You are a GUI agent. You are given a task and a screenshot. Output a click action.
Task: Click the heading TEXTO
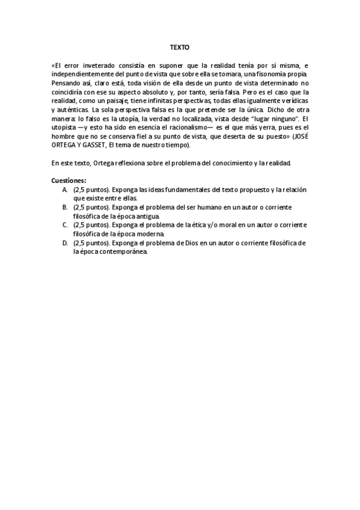point(179,46)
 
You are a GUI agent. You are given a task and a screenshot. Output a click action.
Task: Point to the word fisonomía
point(275,74)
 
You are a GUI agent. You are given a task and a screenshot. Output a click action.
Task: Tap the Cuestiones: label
point(69,180)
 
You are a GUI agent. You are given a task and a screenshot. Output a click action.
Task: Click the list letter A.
point(64,189)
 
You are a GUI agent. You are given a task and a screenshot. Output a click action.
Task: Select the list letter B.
point(64,207)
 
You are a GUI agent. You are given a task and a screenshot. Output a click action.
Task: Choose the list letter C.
point(64,225)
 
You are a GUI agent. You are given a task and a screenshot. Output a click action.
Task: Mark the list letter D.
point(64,243)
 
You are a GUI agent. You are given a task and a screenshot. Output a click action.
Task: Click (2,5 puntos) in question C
point(91,225)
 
